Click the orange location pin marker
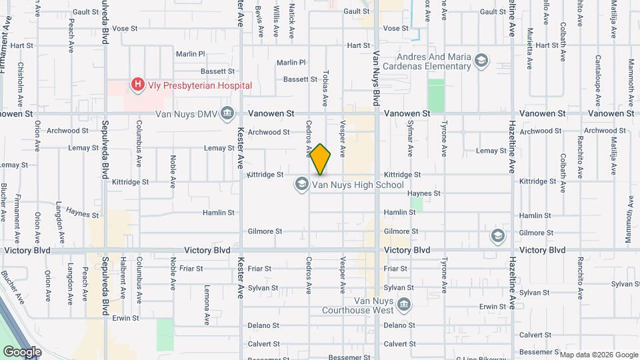point(321,159)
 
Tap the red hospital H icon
point(137,85)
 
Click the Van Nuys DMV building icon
point(227,113)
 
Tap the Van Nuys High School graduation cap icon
point(301,185)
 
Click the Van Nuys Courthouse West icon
point(403,305)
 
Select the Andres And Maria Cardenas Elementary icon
point(480,62)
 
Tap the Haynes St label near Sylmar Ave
point(424,193)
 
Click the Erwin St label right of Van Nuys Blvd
point(494,306)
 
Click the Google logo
point(22,351)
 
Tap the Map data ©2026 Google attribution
point(598,355)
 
